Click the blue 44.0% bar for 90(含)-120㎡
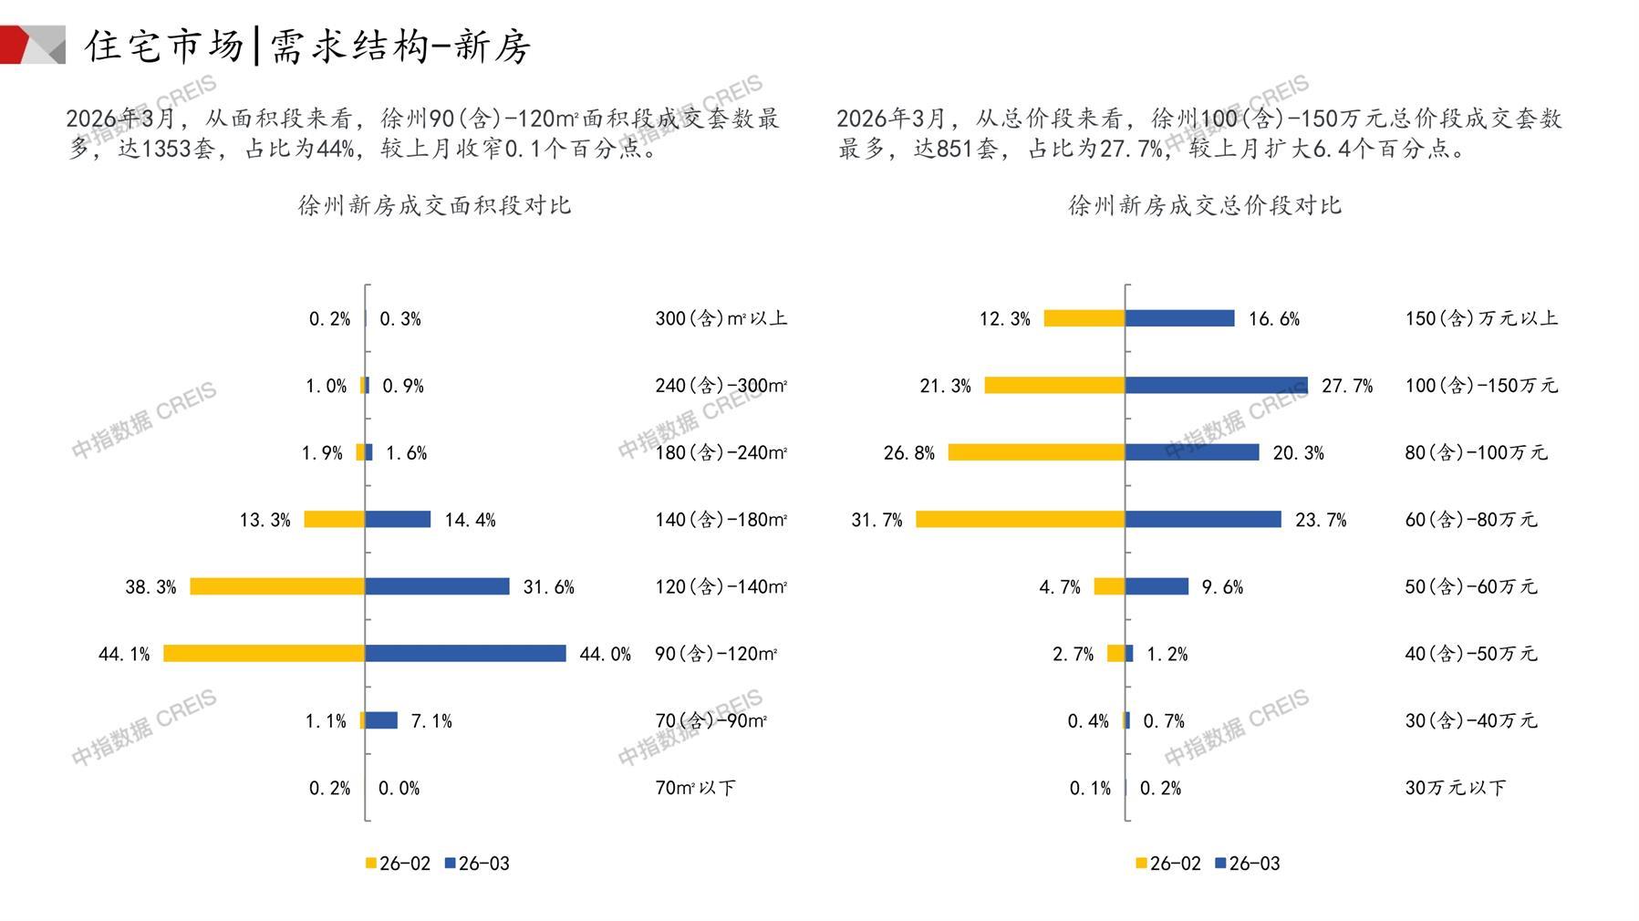pos(465,653)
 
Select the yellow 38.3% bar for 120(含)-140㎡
pos(277,586)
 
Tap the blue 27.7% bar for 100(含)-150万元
pos(1216,385)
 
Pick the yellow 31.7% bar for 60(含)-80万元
pos(1020,519)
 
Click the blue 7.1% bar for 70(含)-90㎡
pos(381,720)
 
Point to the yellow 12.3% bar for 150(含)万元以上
pos(1084,318)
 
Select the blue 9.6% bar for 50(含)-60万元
pos(1157,586)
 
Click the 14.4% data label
pos(470,520)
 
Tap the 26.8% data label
pos(908,452)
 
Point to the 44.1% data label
pos(124,654)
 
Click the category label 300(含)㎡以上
pos(721,318)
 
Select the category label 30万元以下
pos(1455,788)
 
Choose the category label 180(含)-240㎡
pos(721,452)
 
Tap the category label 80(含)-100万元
pos(1476,452)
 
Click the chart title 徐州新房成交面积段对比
pos(434,205)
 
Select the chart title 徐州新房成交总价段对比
pos(1205,205)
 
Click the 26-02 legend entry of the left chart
pos(398,864)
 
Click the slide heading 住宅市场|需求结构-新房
pos(307,46)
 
